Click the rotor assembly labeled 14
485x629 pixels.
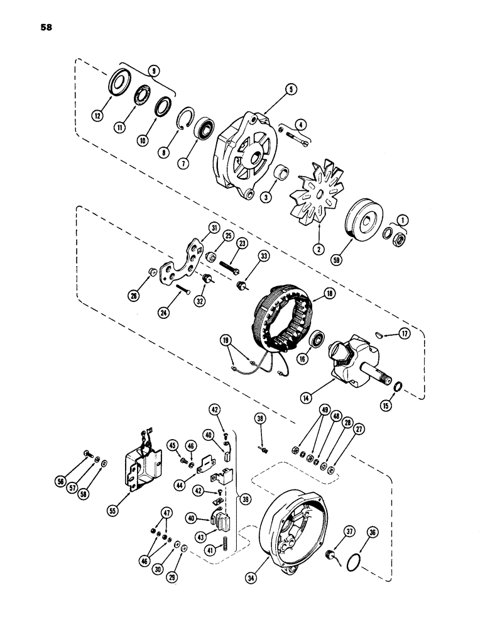352,355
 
